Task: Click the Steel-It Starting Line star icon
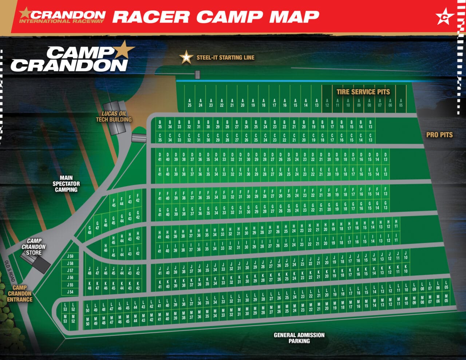coord(186,58)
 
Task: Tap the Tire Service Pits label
coord(363,92)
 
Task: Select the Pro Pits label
coord(439,135)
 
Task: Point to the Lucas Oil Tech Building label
coord(114,116)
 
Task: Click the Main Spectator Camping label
coord(66,184)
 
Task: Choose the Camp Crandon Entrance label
coord(20,293)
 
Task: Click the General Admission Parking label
coord(299,338)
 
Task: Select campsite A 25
coord(190,103)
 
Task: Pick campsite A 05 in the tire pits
coord(401,103)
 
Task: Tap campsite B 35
coord(160,124)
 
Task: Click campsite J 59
coord(70,256)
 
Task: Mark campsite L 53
coord(65,307)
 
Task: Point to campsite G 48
coord(90,230)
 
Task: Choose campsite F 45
coord(114,203)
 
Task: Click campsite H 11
coord(396,223)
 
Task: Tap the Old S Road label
coord(10,270)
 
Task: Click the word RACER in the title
coord(151,16)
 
